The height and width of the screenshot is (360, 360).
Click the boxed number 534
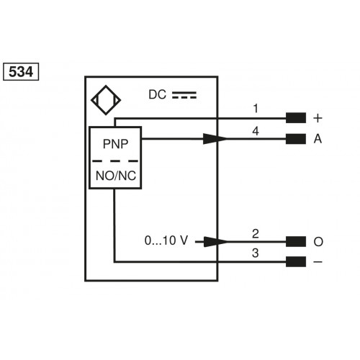click(22, 72)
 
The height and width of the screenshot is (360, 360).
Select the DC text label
click(158, 94)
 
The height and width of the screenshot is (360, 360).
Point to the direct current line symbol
click(184, 94)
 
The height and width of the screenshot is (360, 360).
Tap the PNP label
click(115, 143)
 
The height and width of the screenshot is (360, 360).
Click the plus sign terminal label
click(317, 117)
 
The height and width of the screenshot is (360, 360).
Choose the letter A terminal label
click(317, 139)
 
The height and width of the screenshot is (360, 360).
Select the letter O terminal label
click(317, 241)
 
